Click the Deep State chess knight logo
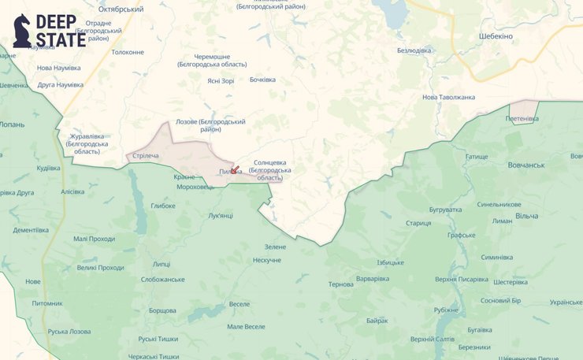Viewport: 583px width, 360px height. [22, 31]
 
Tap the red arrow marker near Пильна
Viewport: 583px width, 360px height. [234, 169]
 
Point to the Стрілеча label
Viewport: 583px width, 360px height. [146, 155]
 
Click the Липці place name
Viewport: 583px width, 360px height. [161, 264]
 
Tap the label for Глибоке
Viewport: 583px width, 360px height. [163, 206]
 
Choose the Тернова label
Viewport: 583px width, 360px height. [341, 284]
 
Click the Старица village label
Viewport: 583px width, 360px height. [418, 223]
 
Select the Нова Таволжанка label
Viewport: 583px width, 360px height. [449, 97]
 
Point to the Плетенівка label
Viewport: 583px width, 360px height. [522, 119]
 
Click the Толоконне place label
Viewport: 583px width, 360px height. [128, 52]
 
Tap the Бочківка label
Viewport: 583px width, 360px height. [263, 80]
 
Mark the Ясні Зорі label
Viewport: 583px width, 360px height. [221, 81]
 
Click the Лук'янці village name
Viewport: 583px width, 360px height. [221, 215]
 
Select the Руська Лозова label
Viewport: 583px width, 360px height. [69, 332]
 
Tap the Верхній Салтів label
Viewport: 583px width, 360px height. [433, 339]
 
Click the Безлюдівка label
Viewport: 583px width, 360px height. [414, 50]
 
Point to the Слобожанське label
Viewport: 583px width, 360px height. [162, 279]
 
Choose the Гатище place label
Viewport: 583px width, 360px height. [477, 157]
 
